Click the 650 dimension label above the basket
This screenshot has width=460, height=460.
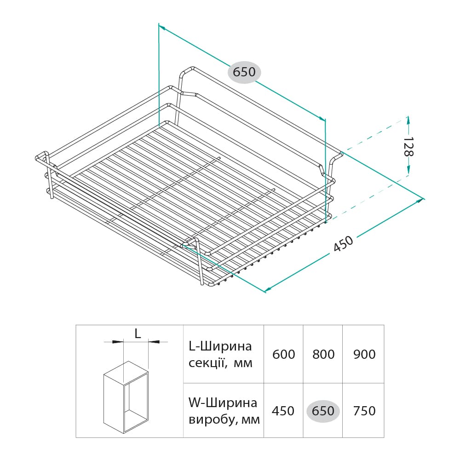(x=244, y=72)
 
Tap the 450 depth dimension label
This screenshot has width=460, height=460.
(x=343, y=244)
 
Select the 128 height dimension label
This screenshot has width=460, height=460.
(x=408, y=147)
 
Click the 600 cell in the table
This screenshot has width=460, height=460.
(x=283, y=354)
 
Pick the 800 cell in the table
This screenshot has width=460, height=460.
(x=323, y=354)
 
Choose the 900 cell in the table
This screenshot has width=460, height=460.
(x=364, y=354)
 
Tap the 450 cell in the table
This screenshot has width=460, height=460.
(x=283, y=411)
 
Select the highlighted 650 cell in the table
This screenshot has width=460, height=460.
(x=323, y=411)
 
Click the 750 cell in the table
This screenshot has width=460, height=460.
(x=364, y=411)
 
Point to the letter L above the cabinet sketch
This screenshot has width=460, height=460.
(x=138, y=333)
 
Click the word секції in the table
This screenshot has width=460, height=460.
(x=207, y=363)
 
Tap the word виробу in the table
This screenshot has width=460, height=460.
(x=211, y=420)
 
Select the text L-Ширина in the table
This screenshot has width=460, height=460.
(x=220, y=346)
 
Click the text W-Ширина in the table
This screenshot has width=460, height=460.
(x=223, y=403)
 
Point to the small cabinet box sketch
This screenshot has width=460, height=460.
(x=126, y=397)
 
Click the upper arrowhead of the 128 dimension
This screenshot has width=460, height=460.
(x=408, y=120)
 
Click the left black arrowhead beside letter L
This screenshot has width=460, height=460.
(x=118, y=341)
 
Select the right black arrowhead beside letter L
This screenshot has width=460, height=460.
(x=154, y=341)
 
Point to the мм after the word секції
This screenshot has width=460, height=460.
(x=243, y=364)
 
